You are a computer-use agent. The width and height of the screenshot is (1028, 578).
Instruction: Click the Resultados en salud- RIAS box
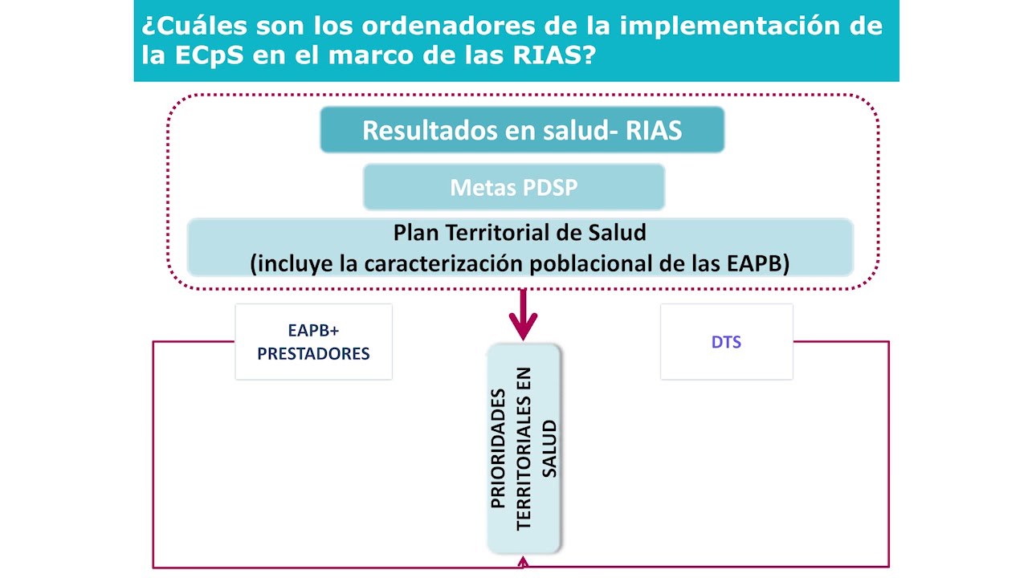pos(522,130)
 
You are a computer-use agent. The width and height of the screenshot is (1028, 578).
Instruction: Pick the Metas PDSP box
pos(514,188)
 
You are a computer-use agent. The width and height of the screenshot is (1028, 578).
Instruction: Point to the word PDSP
pos(549,188)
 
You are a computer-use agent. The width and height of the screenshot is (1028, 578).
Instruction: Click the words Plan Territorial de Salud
pos(520,233)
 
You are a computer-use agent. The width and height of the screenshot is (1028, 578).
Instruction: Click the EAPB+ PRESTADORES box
pos(313,341)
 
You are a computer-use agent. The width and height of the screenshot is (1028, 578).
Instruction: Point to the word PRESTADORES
pos(313,353)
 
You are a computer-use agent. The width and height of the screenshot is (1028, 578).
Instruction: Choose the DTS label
pos(726,342)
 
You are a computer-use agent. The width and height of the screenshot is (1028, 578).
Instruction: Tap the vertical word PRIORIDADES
pos(499,448)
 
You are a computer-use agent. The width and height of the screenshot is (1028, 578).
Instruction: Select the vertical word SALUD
pos(549,448)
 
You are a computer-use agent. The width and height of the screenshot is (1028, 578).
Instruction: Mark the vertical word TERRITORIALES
pos(524,448)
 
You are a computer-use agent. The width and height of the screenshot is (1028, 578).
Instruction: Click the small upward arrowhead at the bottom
pos(524,563)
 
